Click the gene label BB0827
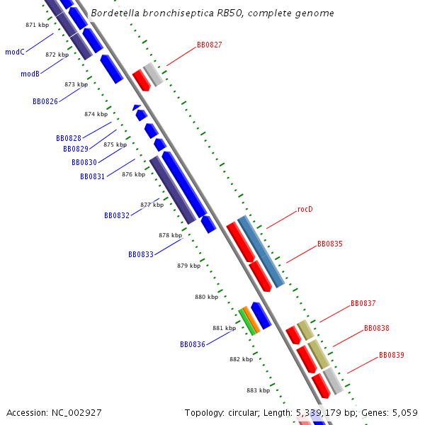tap(209, 45)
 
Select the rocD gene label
tap(305, 209)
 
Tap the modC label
tap(15, 52)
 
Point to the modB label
tap(30, 74)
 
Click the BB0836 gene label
tap(193, 344)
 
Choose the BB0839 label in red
tap(392, 355)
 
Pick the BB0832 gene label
tap(117, 215)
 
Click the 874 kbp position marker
tap(96, 114)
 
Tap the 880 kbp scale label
tap(207, 297)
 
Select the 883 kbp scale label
tap(259, 390)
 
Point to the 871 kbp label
tap(38, 25)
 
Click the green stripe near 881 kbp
tap(247, 322)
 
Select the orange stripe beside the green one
tap(251, 319)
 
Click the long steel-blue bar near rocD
tap(261, 251)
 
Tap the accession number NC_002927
tap(76, 413)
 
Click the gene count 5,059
tap(405, 413)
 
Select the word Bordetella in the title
tap(115, 13)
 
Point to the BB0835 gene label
tap(330, 244)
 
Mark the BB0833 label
tap(141, 254)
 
